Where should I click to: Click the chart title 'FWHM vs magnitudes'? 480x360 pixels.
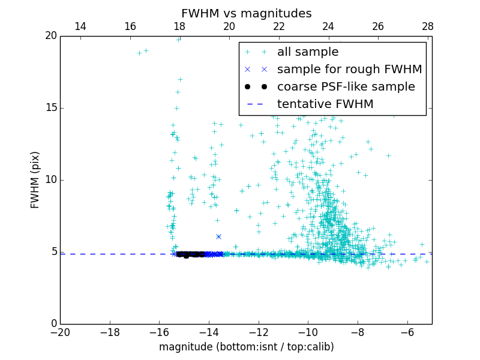point(246,13)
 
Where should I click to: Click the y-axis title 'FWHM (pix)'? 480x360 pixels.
point(35,179)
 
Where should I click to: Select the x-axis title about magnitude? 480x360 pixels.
point(246,347)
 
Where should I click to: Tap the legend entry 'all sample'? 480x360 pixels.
point(308,52)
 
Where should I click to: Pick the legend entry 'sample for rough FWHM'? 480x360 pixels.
point(350,70)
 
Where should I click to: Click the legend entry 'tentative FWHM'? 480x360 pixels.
point(325,104)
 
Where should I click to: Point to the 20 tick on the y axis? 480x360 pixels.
point(51,36)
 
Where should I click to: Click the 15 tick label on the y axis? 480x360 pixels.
point(51,108)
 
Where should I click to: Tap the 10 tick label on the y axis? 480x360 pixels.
point(51,180)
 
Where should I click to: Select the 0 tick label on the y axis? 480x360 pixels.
point(53,324)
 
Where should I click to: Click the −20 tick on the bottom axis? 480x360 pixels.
point(60,332)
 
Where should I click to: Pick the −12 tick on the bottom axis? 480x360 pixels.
point(259,332)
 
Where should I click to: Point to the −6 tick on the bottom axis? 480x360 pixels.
point(407,332)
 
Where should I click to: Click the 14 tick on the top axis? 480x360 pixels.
point(80,26)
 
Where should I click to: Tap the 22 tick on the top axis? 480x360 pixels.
point(278,26)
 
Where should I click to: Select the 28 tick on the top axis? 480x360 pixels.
point(427,26)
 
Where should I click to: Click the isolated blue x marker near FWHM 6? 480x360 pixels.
point(218,237)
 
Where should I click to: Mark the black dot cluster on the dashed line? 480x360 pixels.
point(189,254)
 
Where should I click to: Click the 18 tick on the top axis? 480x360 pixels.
point(179,26)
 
